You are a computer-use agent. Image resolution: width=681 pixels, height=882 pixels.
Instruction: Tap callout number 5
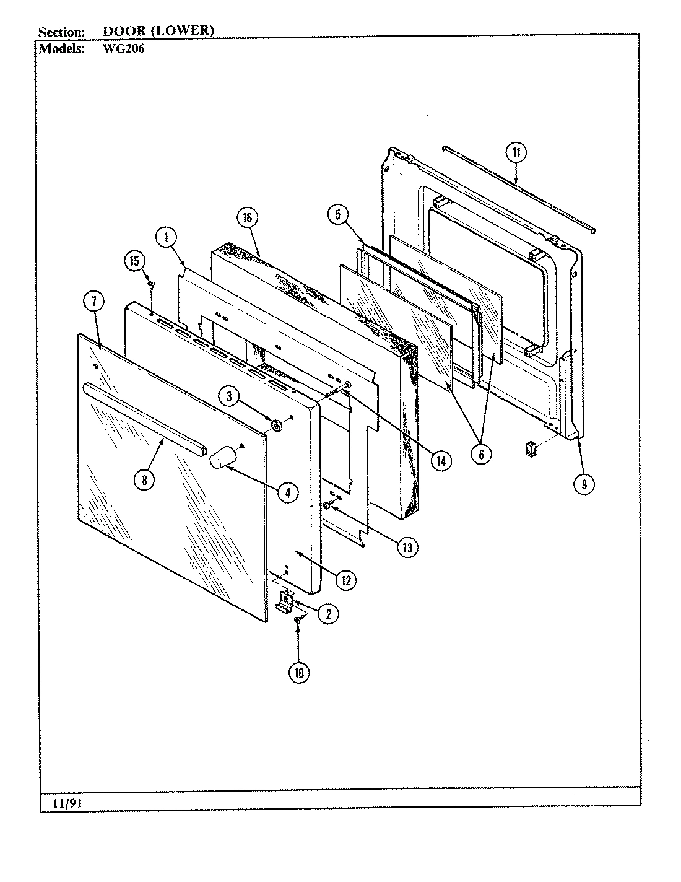pyautogui.click(x=337, y=215)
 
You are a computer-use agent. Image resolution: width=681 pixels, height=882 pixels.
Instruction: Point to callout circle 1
pyautogui.click(x=166, y=236)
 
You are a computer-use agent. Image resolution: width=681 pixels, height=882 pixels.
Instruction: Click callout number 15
pyautogui.click(x=134, y=261)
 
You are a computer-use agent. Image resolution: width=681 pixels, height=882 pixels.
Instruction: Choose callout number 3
pyautogui.click(x=229, y=395)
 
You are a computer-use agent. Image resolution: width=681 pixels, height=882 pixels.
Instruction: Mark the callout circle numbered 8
pyautogui.click(x=144, y=480)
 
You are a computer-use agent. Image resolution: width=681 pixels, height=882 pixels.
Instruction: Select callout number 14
pyautogui.click(x=441, y=461)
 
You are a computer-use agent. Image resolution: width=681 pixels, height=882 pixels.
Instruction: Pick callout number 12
pyautogui.click(x=345, y=580)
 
